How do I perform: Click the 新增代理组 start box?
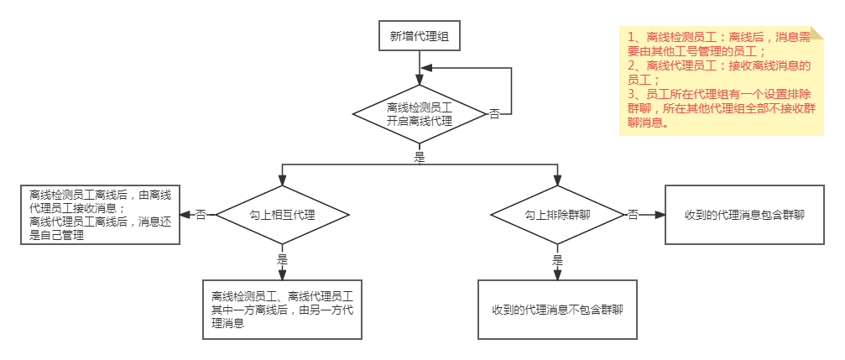pyautogui.click(x=420, y=36)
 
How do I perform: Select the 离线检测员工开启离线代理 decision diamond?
pyautogui.click(x=420, y=114)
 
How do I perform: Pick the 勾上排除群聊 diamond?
pyautogui.click(x=557, y=215)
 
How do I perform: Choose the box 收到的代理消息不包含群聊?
pyautogui.click(x=557, y=310)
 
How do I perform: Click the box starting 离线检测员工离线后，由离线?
pyautogui.click(x=101, y=215)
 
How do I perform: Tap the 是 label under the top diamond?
pyautogui.click(x=420, y=156)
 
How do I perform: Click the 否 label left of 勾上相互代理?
pyautogui.click(x=201, y=216)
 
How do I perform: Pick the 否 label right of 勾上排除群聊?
pyautogui.click(x=633, y=216)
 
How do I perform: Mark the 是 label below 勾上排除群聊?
pyautogui.click(x=557, y=260)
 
